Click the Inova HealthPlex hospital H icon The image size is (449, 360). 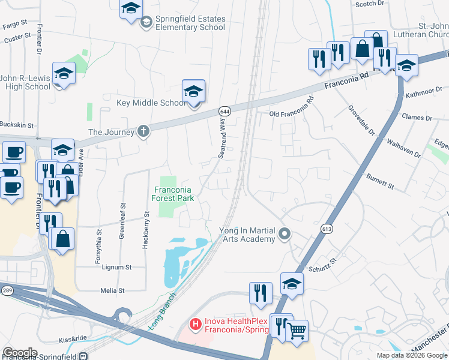[195, 325]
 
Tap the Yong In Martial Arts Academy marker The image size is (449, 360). [286, 233]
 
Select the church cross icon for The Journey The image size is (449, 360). [143, 131]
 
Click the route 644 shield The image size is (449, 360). [224, 112]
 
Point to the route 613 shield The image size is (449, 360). [327, 229]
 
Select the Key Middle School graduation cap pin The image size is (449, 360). [193, 92]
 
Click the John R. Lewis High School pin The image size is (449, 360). [63, 74]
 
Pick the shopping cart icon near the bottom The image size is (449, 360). [297, 331]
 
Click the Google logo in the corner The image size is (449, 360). [19, 352]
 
